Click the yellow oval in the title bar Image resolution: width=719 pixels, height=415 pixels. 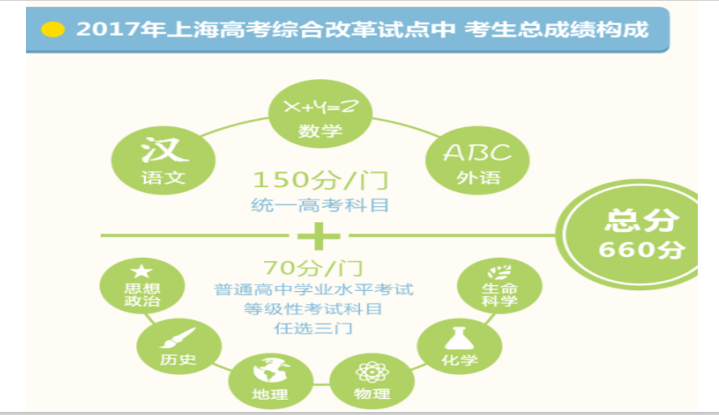(53, 30)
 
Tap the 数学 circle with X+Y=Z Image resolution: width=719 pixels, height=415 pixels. (320, 114)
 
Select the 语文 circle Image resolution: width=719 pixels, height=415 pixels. (163, 160)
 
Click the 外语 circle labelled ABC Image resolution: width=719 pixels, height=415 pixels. (477, 160)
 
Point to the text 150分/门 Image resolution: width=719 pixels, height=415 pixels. (320, 180)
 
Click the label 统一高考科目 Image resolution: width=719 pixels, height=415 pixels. (320, 205)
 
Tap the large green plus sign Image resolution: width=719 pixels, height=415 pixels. (319, 236)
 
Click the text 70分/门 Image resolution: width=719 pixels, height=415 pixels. (313, 268)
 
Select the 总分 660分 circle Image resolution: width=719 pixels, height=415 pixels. (627, 234)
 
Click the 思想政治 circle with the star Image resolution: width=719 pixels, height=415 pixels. (142, 287)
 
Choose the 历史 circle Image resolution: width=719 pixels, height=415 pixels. (179, 346)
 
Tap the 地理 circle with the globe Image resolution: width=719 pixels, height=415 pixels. (271, 381)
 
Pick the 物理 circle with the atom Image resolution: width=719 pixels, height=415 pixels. (372, 381)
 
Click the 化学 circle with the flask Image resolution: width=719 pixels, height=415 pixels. (460, 346)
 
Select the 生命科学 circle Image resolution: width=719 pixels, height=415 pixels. (499, 287)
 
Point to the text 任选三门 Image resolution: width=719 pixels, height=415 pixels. (313, 329)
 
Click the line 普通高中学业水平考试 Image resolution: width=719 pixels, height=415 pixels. (313, 289)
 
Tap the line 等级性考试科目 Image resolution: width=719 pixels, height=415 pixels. (313, 309)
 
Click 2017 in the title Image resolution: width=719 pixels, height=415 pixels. (108, 30)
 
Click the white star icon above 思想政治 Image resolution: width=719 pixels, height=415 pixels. (142, 271)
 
